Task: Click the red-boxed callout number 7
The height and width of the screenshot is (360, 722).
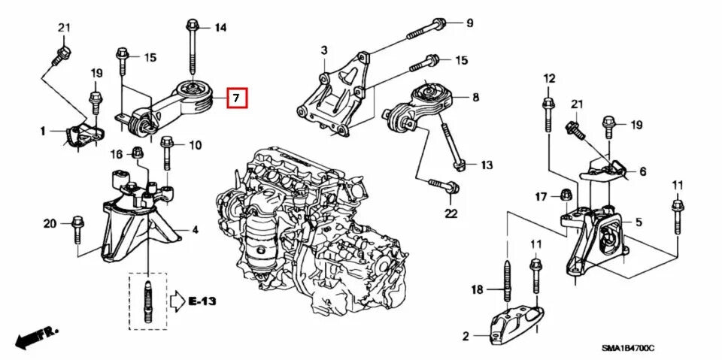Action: [x=236, y=98]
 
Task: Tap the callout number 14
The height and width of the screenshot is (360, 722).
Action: [x=220, y=29]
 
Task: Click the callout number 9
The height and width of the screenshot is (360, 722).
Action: [x=469, y=23]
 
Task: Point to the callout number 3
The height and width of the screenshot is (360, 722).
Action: [x=324, y=50]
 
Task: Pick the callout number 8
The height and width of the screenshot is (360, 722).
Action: [x=475, y=98]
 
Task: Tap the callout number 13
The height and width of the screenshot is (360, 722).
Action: [x=487, y=165]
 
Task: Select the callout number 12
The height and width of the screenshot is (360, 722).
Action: [x=548, y=78]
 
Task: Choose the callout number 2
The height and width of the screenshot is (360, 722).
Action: [x=466, y=335]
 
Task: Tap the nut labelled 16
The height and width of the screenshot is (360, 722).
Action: [x=138, y=154]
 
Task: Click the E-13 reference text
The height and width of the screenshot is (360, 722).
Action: [x=202, y=301]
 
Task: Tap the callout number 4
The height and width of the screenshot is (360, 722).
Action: [x=195, y=229]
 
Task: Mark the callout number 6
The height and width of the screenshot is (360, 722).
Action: [x=642, y=171]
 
